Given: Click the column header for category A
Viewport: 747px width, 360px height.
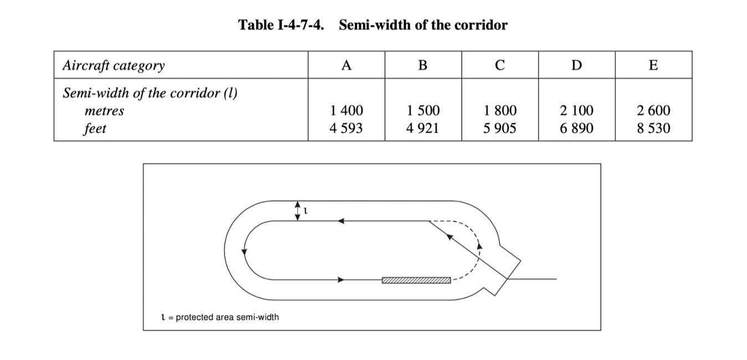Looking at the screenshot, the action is click(346, 65).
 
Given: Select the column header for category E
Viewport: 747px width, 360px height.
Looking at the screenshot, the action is click(653, 65).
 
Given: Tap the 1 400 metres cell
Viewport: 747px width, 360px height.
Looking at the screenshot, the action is click(346, 111).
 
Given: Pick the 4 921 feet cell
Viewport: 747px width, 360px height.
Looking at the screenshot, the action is click(422, 128).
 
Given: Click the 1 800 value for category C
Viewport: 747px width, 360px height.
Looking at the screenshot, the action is click(499, 111).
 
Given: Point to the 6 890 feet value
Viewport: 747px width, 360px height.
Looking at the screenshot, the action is click(576, 128).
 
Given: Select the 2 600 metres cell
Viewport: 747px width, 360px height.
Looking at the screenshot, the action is click(653, 111).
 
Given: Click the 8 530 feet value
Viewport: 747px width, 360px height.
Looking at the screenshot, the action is click(653, 128).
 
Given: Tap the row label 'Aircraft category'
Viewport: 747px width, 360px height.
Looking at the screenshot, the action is click(114, 65).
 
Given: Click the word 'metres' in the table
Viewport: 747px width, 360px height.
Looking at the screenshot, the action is click(104, 111).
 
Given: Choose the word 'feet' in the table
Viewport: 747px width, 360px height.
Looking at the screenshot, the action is click(95, 128).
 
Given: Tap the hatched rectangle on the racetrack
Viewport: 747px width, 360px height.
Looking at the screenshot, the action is click(416, 280).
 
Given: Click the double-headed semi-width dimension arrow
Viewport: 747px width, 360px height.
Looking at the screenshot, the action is click(298, 210).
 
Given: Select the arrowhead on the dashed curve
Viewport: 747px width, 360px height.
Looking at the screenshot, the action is click(480, 246).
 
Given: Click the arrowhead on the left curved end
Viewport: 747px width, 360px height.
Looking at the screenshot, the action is click(244, 252).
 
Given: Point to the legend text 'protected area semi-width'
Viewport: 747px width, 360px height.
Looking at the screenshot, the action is click(227, 317).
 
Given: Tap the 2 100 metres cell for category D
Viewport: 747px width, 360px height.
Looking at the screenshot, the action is click(576, 111).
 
